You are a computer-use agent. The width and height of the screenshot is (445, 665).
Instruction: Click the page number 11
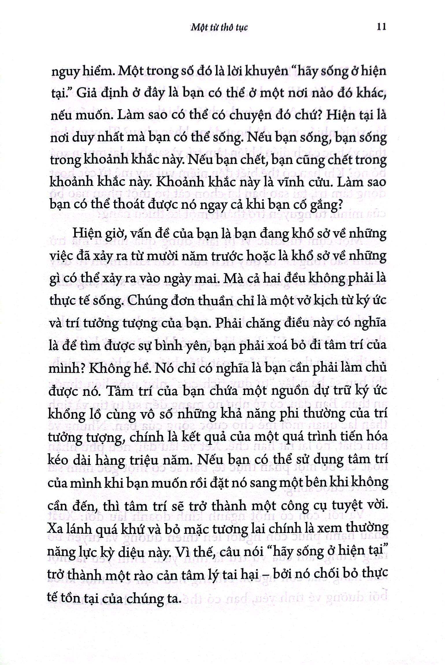[x=381, y=27]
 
